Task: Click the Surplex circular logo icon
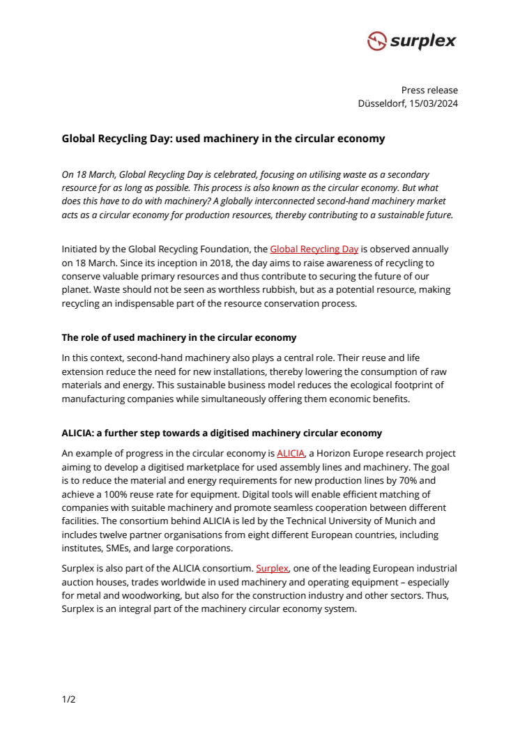tap(376, 41)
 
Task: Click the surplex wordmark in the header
tap(422, 41)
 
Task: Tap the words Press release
tap(429, 90)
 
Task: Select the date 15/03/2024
tap(433, 103)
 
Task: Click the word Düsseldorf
tap(381, 103)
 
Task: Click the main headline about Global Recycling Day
tap(223, 139)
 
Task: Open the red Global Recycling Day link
tap(314, 249)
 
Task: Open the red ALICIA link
tap(291, 453)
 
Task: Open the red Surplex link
tap(272, 568)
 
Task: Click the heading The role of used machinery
tap(178, 338)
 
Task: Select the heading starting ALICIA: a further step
tap(222, 433)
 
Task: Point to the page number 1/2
tap(68, 699)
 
